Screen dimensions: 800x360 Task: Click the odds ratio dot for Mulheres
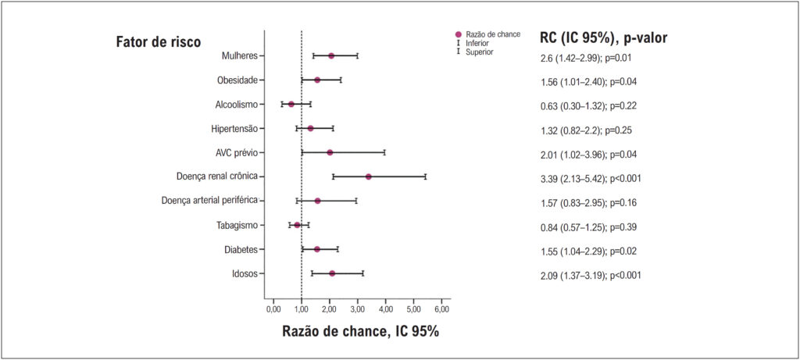pyautogui.click(x=331, y=55)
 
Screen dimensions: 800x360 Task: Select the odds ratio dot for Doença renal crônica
pyautogui.click(x=369, y=176)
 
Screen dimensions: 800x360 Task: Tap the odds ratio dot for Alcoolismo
pyautogui.click(x=291, y=104)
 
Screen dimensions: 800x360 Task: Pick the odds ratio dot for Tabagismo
pyautogui.click(x=298, y=225)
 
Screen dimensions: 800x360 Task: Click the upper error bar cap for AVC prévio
pyautogui.click(x=384, y=152)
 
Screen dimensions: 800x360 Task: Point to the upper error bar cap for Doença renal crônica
pyautogui.click(x=425, y=176)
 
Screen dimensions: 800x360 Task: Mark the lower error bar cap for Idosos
pyautogui.click(x=312, y=273)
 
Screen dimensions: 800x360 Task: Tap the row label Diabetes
pyautogui.click(x=241, y=249)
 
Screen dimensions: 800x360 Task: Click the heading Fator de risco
pyautogui.click(x=158, y=42)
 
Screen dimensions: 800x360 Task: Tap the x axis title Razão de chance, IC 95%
pyautogui.click(x=360, y=331)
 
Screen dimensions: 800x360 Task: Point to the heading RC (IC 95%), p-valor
pyautogui.click(x=604, y=37)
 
